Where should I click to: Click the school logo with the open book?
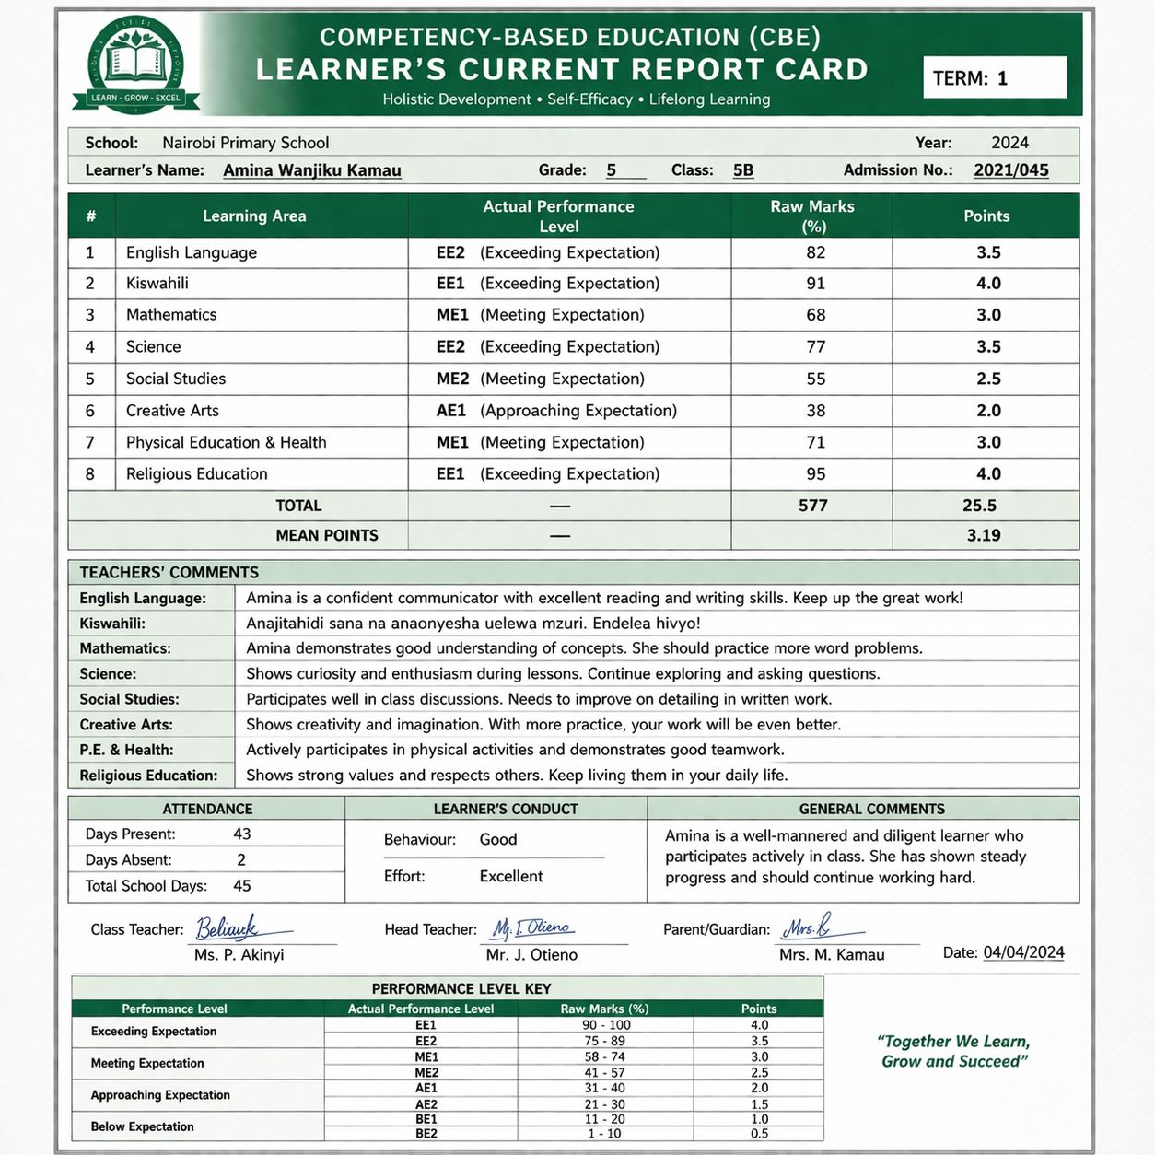click(136, 64)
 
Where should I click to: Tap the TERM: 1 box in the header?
click(994, 77)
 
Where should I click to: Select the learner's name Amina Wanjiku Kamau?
click(311, 170)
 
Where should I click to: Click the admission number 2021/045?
click(1010, 170)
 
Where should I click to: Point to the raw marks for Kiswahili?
click(815, 284)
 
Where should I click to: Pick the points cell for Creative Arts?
click(987, 411)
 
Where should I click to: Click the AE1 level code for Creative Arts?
click(451, 411)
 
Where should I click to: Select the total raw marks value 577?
click(812, 506)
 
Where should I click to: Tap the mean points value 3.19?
click(983, 535)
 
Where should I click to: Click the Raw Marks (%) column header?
click(812, 216)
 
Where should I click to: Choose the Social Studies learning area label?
click(175, 379)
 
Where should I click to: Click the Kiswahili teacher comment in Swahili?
click(472, 624)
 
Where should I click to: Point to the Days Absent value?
click(241, 860)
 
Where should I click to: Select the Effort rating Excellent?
click(510, 877)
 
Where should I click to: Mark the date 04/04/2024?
click(1023, 953)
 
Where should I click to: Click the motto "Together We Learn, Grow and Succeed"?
click(953, 1051)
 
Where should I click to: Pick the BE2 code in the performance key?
click(426, 1134)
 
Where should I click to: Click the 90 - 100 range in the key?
click(605, 1025)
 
